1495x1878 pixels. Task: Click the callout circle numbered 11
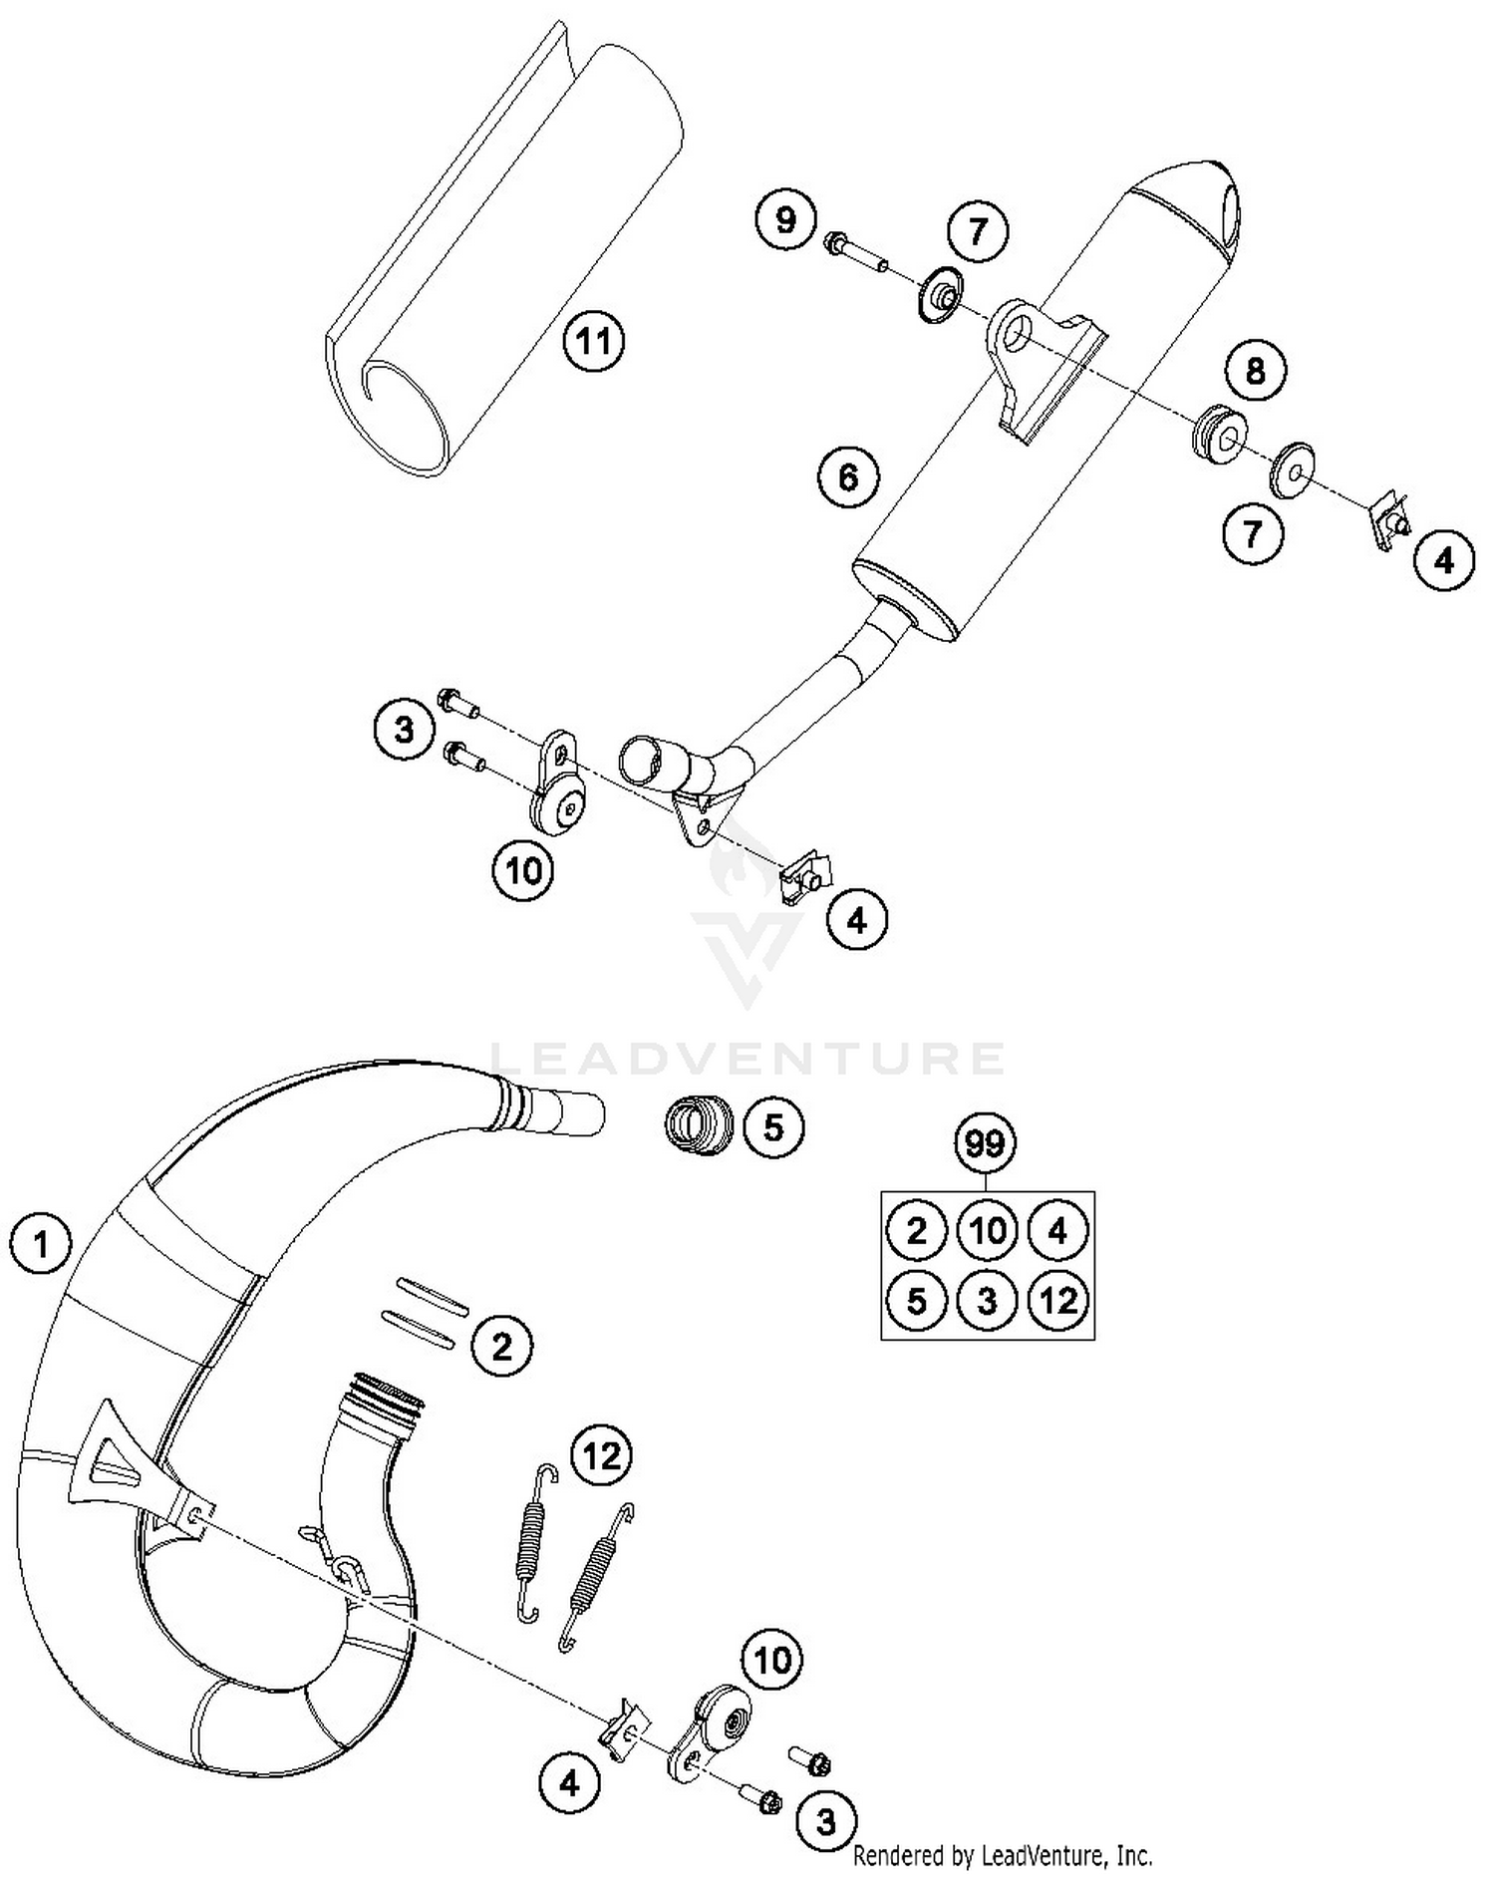tap(594, 342)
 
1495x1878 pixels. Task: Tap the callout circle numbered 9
tap(785, 218)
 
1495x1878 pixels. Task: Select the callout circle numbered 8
tap(1255, 371)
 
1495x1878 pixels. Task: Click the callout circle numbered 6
tap(848, 476)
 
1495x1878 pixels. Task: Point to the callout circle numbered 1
tap(41, 1244)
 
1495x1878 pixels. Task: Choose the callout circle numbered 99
tap(985, 1143)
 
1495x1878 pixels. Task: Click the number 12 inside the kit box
tap(1057, 1301)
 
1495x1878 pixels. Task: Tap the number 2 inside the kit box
tap(915, 1230)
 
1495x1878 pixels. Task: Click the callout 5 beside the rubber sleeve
tap(773, 1127)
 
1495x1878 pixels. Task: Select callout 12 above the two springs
tap(602, 1456)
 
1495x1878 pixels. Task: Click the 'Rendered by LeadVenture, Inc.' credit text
tap(1002, 1855)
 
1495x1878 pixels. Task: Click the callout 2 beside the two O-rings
tap(501, 1348)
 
